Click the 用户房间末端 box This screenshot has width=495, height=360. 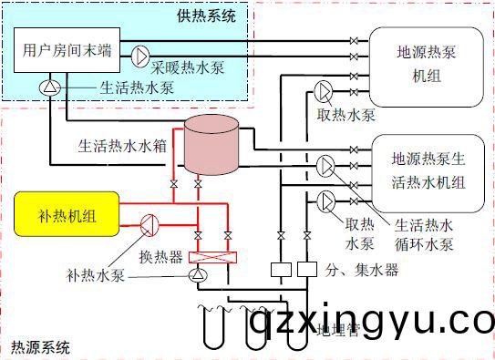pos(68,52)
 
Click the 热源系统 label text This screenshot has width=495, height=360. pos(39,347)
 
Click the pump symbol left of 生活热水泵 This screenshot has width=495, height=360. pos(47,87)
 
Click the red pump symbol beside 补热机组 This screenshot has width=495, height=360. pos(150,221)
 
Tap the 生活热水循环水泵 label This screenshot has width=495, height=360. pos(428,234)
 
